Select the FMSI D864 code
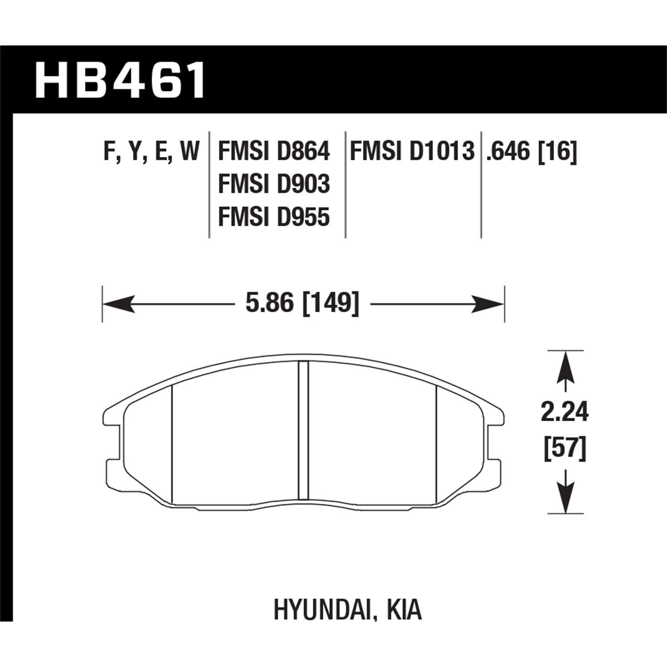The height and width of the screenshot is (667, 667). coord(273,152)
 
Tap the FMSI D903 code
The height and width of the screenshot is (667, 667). coord(273,185)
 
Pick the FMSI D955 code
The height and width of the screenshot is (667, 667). coord(273,217)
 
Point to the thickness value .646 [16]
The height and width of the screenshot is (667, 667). coord(531,152)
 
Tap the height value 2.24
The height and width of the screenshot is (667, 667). coord(565,413)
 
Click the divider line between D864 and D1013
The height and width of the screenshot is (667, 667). coord(346,185)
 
